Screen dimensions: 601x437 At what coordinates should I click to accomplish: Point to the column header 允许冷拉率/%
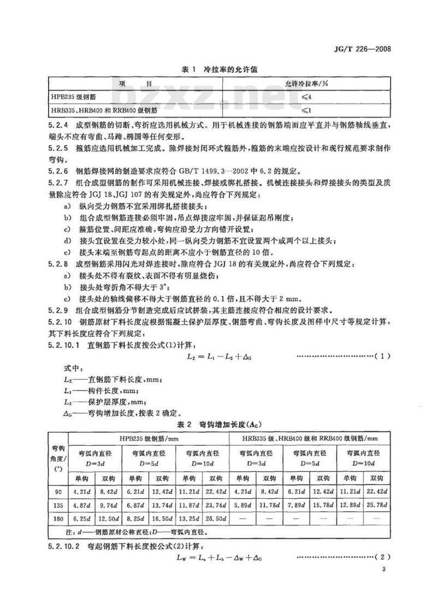click(310, 84)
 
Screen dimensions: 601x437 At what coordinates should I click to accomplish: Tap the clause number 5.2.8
click(59, 264)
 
